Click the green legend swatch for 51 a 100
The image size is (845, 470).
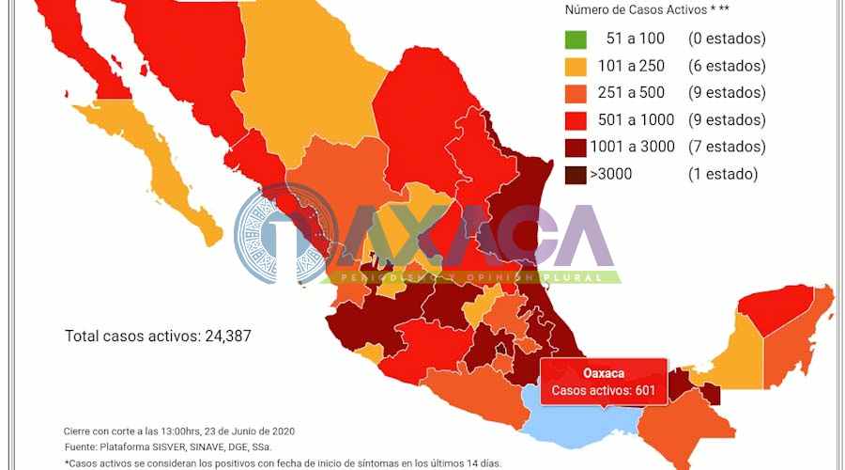tap(577, 39)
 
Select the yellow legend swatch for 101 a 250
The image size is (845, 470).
tap(577, 67)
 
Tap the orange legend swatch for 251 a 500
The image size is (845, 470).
tap(577, 93)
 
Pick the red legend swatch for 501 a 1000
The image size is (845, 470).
tap(577, 120)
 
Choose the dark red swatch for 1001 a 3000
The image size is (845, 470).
tap(577, 147)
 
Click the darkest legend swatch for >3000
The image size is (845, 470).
tap(577, 174)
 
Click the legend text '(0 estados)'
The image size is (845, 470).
tap(726, 39)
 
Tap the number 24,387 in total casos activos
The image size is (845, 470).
tap(227, 336)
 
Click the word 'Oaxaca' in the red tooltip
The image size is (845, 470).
tap(604, 373)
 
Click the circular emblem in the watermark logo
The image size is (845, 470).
tap(282, 235)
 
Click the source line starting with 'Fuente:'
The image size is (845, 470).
tap(178, 446)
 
